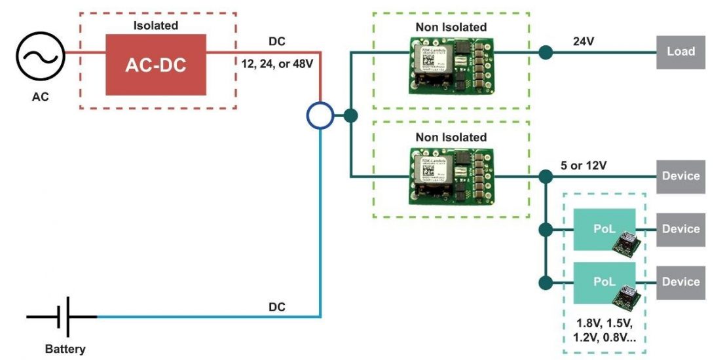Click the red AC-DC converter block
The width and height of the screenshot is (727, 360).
(156, 64)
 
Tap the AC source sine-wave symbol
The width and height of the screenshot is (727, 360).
(41, 58)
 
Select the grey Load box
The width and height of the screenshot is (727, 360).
(680, 52)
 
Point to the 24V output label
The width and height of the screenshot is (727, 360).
(585, 41)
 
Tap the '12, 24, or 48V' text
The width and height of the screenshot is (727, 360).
(278, 65)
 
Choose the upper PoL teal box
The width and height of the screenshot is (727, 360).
(604, 228)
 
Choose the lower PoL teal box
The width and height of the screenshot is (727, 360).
(604, 282)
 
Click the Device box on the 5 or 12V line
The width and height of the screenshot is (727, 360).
(680, 176)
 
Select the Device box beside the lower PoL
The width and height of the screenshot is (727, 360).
(680, 282)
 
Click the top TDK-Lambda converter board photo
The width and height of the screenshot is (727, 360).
(451, 63)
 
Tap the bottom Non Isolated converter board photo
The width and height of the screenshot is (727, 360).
(451, 175)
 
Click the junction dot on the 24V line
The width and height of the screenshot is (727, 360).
(544, 52)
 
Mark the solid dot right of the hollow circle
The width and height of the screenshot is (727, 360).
(351, 117)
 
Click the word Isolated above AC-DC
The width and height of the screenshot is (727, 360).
(156, 26)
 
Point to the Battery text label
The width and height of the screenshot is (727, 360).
(65, 349)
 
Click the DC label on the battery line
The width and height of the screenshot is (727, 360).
(277, 306)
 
